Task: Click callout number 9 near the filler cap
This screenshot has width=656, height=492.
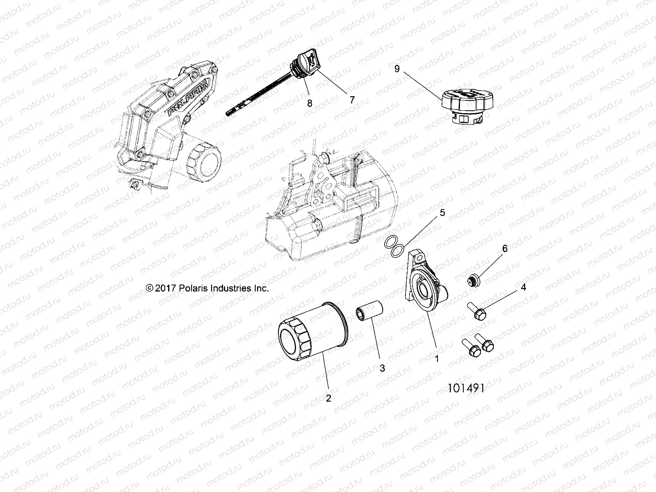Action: tap(396, 68)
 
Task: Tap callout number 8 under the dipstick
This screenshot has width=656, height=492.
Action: tap(310, 103)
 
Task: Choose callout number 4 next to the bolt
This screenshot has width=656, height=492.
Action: tap(523, 287)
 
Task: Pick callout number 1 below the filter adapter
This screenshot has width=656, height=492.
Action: tap(437, 359)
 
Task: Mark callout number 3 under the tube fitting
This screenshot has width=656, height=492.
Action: tap(382, 368)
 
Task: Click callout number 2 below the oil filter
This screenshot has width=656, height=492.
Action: tap(328, 398)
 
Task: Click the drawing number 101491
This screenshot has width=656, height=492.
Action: tap(466, 388)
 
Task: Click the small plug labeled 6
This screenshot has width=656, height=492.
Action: tap(474, 281)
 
